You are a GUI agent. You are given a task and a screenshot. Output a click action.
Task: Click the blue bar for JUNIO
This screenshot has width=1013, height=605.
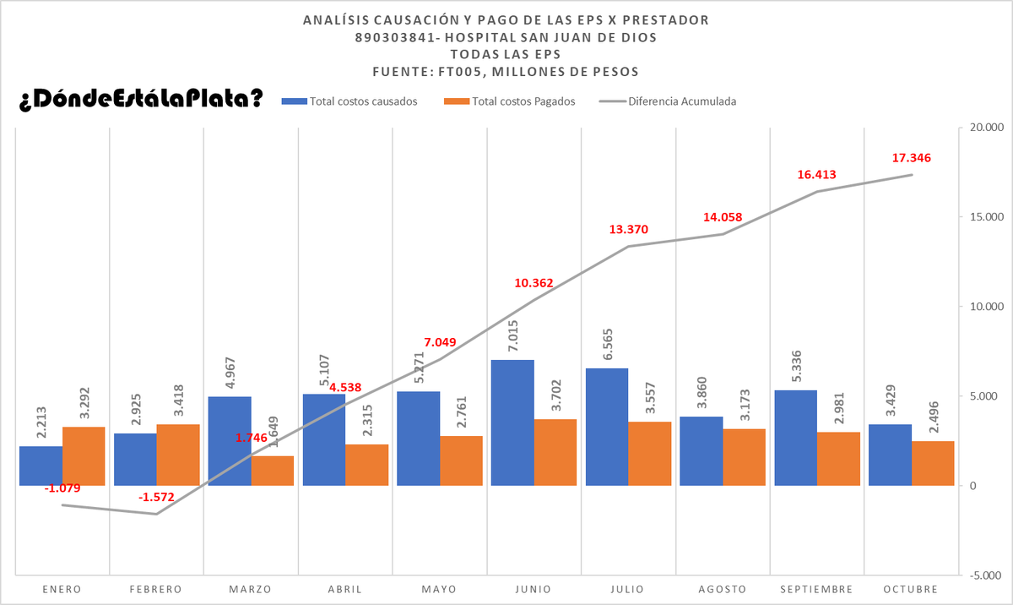[x=512, y=422]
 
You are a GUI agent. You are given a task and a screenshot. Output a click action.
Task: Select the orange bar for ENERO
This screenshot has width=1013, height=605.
[x=84, y=456]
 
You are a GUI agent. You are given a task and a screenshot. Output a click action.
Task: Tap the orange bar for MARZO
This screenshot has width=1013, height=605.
[x=272, y=471]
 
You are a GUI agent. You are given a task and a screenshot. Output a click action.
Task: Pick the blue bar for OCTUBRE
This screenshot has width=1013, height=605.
[x=890, y=455]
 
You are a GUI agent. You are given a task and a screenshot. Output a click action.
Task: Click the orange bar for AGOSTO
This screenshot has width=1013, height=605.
[x=744, y=457]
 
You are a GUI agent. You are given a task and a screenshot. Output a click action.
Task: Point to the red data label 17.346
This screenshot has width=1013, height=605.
[x=911, y=158]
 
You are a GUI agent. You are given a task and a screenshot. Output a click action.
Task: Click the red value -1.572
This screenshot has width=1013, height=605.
[x=156, y=498]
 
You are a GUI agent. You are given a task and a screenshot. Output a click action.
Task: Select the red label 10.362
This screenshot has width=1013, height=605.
[x=534, y=283]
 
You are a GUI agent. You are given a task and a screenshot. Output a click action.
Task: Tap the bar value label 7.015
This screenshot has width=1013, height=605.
[x=513, y=335]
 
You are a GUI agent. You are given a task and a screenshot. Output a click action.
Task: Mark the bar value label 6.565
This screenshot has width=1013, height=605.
[x=608, y=345]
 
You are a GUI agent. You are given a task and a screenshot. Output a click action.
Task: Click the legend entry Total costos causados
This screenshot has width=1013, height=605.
[x=349, y=101]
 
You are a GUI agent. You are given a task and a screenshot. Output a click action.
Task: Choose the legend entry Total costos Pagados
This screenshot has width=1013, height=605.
[x=509, y=101]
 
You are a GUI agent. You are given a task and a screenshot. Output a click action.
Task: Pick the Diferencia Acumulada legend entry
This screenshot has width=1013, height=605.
[x=668, y=101]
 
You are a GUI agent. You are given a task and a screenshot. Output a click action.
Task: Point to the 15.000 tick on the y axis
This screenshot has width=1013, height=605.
[x=987, y=217]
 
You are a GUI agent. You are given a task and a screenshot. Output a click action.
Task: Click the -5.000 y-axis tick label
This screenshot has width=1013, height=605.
[x=986, y=575]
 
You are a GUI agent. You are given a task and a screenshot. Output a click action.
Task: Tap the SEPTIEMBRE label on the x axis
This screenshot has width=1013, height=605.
[x=816, y=589]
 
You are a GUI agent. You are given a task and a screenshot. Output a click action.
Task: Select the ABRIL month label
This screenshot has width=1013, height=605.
[x=344, y=589]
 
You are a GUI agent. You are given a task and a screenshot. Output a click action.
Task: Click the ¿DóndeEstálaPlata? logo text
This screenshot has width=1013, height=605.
[x=141, y=98]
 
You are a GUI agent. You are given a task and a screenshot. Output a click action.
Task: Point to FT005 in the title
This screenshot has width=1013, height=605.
[x=461, y=72]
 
